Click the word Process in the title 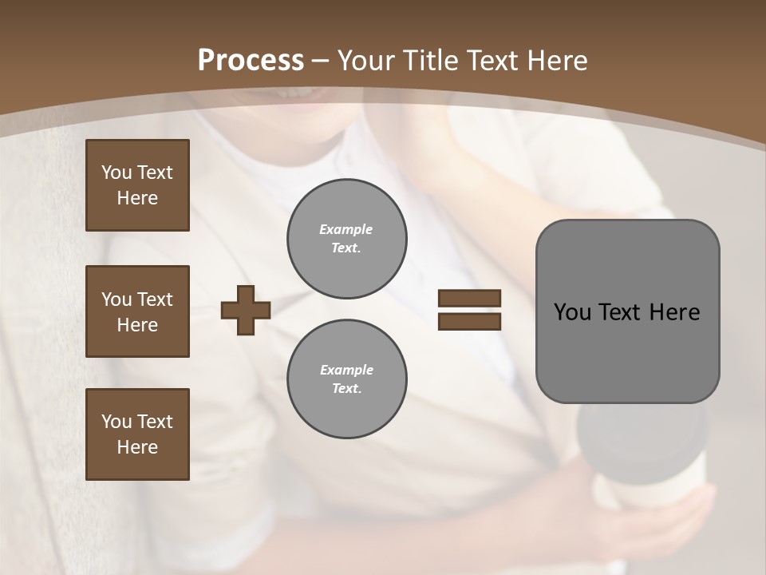point(251,60)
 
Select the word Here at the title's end point(556,60)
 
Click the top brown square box point(137,185)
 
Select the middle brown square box point(137,311)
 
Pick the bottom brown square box point(137,434)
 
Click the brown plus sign point(246,310)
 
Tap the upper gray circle point(347,238)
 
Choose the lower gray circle point(347,379)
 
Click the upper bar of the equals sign point(469,299)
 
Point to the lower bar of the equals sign point(469,321)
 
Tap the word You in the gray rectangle point(571,312)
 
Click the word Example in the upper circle point(345,229)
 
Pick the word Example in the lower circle point(346,370)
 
